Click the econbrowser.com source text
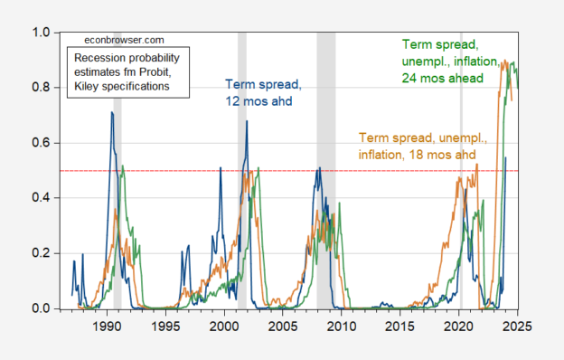point(125,41)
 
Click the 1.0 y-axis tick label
point(42,33)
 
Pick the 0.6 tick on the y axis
point(42,143)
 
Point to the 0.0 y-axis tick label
point(42,308)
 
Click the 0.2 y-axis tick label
point(42,253)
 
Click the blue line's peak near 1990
point(112,112)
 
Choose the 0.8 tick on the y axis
point(42,88)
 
